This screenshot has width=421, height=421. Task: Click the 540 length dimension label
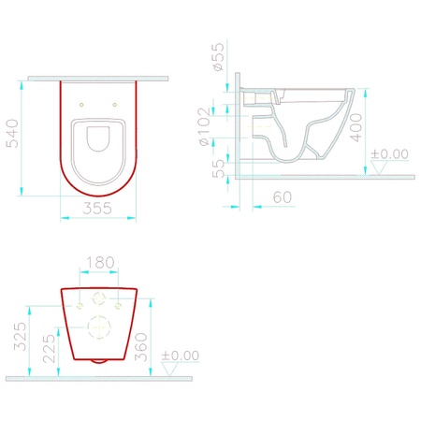click(12, 133)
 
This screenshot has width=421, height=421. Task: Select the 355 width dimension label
click(97, 208)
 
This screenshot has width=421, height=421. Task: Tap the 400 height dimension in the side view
click(356, 127)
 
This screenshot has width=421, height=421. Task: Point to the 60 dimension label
click(283, 196)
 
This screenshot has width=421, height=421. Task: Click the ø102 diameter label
click(205, 127)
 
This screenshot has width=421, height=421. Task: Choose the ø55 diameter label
click(218, 56)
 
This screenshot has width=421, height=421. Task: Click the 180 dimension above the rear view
click(100, 262)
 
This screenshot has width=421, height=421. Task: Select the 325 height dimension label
click(21, 336)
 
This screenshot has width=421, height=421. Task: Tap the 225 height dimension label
click(49, 349)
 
